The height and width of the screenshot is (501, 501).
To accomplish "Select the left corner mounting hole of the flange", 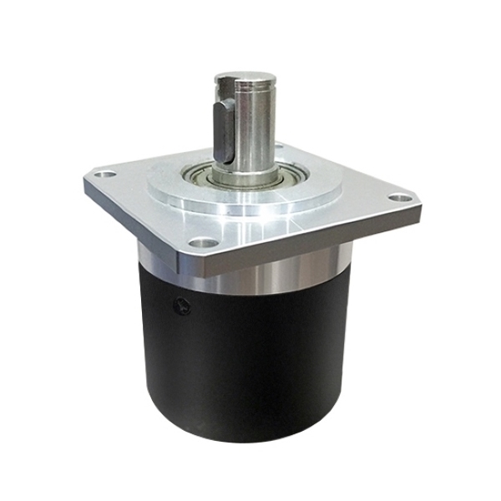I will [x=104, y=176].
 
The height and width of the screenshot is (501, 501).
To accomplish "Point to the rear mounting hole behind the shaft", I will [x=278, y=148].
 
